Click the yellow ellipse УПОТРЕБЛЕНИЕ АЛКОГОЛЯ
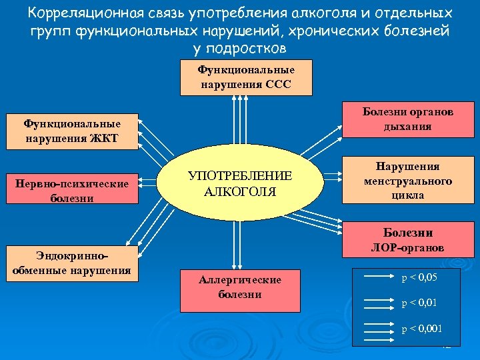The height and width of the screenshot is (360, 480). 239,184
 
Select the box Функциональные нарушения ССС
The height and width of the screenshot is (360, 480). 246,77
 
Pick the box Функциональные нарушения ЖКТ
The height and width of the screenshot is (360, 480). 72,131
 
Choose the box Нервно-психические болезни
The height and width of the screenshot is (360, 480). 72,191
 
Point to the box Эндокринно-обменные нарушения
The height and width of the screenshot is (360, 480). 72,263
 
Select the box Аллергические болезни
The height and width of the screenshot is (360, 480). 239,287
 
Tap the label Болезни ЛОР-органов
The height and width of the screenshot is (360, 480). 407,240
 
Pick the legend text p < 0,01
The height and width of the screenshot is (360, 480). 419,303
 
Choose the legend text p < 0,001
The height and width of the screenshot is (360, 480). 421,329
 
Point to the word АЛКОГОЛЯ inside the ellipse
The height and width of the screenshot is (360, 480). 240,192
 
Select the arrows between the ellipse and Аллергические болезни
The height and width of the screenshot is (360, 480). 235,244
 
